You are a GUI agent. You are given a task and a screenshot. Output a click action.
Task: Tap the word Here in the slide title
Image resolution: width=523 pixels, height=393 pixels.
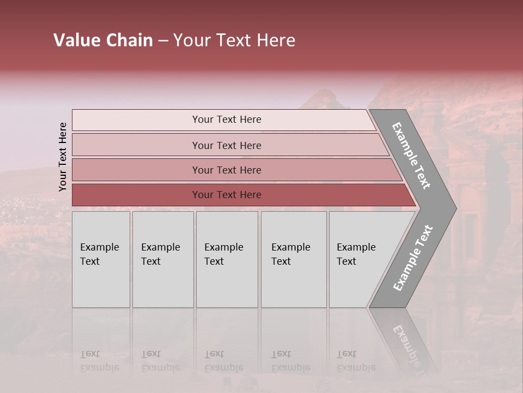point(275,40)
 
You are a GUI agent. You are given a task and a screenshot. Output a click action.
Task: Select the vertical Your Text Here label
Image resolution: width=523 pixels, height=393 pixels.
point(63,157)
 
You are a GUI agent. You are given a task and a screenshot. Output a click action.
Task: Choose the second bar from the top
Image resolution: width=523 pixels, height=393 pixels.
point(226,145)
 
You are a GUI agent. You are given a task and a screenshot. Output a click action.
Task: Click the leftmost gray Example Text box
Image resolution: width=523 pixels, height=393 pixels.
point(101,259)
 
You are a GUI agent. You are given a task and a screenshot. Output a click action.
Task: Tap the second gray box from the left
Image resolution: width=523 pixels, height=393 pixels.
point(162,259)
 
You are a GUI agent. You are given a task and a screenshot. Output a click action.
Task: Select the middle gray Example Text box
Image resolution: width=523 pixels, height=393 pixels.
point(227,259)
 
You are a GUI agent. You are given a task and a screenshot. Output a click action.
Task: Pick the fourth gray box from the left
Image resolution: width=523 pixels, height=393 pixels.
point(293,259)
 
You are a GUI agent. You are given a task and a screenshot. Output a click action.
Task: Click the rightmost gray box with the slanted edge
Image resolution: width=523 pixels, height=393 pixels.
point(360,259)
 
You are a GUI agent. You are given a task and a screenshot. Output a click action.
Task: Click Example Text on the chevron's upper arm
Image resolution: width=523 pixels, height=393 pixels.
point(411,156)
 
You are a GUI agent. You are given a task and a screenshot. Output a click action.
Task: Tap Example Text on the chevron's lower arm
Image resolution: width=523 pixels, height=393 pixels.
point(413,258)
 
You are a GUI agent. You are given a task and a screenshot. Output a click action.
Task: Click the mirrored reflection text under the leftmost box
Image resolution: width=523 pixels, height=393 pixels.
point(99,361)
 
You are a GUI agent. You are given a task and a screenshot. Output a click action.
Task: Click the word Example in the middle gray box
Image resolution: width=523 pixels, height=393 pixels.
point(223,247)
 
